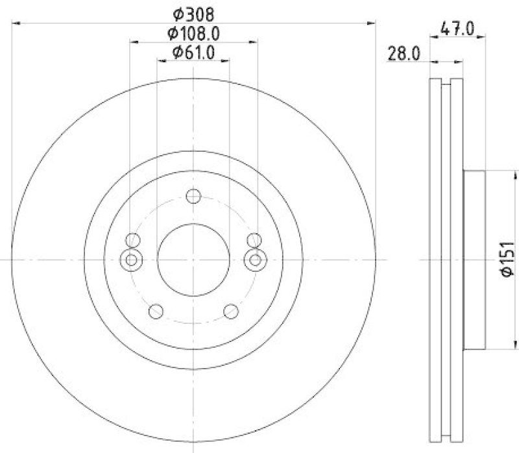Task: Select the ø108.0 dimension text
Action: [x=193, y=32]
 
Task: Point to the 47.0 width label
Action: [x=458, y=29]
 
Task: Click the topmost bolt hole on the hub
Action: [x=193, y=197]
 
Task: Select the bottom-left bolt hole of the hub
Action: [x=155, y=312]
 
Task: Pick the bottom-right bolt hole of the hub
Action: [x=231, y=312]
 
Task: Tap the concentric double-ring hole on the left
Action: [x=131, y=260]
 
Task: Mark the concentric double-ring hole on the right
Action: [x=256, y=260]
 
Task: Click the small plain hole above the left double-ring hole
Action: [x=133, y=239]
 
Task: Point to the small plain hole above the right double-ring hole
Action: [x=254, y=239]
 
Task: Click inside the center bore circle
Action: [x=193, y=260]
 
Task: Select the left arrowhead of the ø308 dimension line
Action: [x=15, y=23]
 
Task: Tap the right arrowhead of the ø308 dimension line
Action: [x=372, y=23]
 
